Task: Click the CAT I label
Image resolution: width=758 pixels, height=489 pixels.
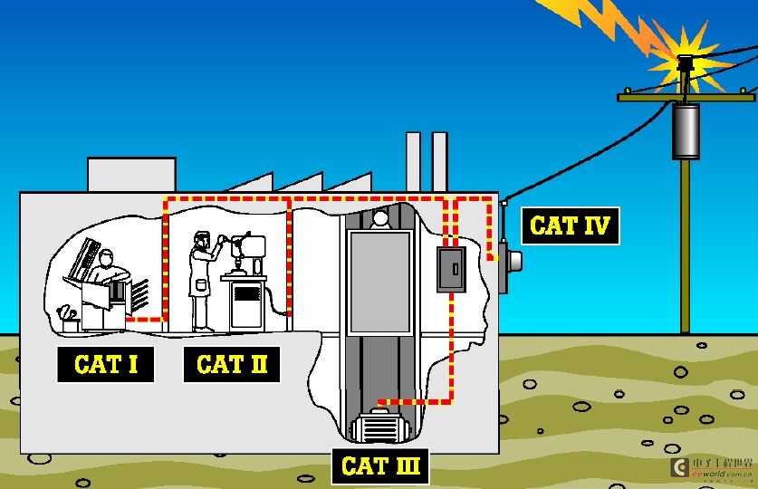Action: pos(105,365)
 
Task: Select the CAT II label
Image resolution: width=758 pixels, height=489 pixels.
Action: pos(232,365)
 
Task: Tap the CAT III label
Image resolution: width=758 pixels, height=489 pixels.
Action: pos(380,466)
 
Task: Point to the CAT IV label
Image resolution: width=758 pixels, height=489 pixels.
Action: pos(570,225)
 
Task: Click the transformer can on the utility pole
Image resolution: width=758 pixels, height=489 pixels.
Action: pos(686,130)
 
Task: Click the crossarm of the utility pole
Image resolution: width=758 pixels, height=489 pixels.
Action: pos(686,94)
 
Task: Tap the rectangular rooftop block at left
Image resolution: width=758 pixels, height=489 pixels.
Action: pos(131,174)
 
